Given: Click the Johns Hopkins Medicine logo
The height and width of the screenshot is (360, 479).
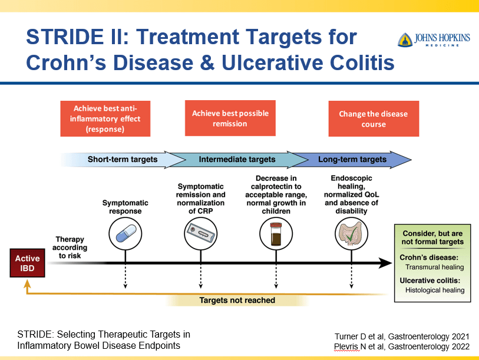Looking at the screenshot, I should point(434,39).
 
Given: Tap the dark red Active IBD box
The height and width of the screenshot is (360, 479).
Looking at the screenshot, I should point(27,263).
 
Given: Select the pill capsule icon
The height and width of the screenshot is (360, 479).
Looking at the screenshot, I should point(125,232).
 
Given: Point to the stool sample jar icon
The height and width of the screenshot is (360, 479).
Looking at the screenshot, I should point(276,232).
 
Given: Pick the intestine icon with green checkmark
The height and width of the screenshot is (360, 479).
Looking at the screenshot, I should point(352,232).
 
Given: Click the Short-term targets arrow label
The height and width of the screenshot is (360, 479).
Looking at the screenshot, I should point(122,159).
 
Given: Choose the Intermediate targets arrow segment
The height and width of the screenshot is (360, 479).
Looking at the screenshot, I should point(237,159).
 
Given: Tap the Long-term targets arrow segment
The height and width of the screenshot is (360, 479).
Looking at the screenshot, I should point(352,159).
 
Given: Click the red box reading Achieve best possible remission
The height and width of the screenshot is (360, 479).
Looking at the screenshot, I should point(230,118).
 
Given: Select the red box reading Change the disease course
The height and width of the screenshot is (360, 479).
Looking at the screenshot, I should point(374,118).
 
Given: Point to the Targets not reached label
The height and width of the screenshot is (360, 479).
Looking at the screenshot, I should point(237,300).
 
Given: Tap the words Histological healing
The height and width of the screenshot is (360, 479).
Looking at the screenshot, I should point(435,290).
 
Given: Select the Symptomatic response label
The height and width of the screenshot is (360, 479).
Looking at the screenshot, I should point(125,207).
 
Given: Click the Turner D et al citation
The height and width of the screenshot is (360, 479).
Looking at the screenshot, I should point(402,336).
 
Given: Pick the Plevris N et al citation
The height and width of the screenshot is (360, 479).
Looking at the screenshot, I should point(402,346).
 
